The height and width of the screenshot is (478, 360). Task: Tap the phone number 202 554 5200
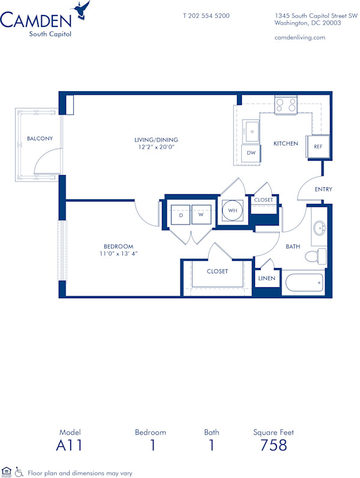pyautogui.click(x=206, y=16)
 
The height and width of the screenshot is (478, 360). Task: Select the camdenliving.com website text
pyautogui.click(x=299, y=37)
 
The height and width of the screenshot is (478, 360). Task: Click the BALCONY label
pyautogui.click(x=40, y=139)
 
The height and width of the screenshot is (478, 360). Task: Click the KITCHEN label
pyautogui.click(x=286, y=143)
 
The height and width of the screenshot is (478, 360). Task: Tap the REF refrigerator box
pyautogui.click(x=317, y=146)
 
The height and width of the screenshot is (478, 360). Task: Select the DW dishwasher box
pyautogui.click(x=251, y=152)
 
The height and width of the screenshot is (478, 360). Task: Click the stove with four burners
pyautogui.click(x=286, y=106)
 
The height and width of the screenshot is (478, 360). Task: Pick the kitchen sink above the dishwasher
pyautogui.click(x=252, y=131)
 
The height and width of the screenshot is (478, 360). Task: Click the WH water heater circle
pyautogui.click(x=232, y=211)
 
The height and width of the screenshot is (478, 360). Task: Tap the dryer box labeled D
pyautogui.click(x=181, y=214)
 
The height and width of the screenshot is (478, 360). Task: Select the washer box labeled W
pyautogui.click(x=202, y=214)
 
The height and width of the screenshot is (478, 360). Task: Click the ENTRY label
pyautogui.click(x=323, y=190)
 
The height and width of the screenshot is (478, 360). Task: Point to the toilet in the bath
pyautogui.click(x=314, y=257)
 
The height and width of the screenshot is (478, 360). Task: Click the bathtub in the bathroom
pyautogui.click(x=303, y=284)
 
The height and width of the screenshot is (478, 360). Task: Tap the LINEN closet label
pyautogui.click(x=266, y=278)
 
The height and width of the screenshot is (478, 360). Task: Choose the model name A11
pyautogui.click(x=69, y=445)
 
